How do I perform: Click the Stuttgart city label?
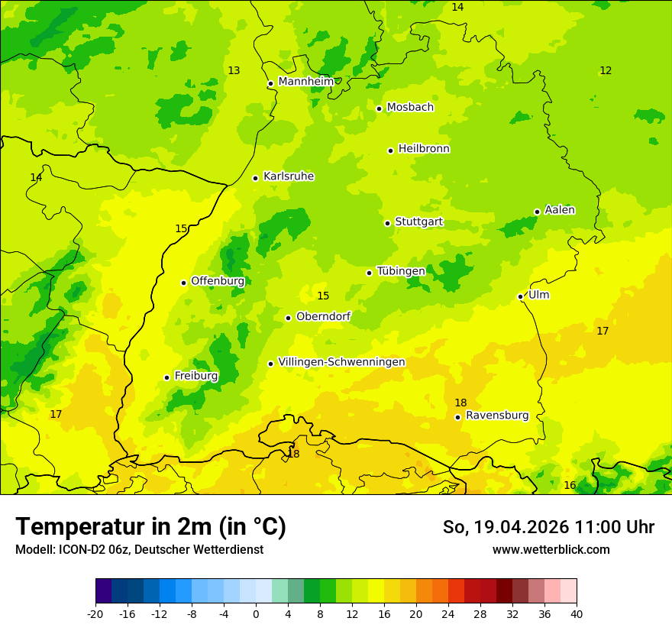418,222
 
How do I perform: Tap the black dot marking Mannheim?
270,84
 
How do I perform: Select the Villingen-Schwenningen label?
341,362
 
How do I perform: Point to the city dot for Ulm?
520,296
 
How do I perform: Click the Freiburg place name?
195,376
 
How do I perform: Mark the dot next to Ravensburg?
457,417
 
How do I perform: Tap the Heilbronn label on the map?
424,149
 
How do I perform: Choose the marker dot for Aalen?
537,212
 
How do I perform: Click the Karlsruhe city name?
289,176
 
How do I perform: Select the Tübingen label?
401,271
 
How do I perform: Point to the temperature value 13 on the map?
234,71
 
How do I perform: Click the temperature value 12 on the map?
606,71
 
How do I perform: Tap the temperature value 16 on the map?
570,486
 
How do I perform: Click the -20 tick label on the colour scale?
95,614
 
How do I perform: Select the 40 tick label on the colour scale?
577,614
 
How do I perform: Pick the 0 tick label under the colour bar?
256,614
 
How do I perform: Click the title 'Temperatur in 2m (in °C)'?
150,527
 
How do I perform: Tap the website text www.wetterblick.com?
551,550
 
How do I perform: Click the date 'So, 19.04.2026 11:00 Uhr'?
548,527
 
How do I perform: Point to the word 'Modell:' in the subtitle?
34,550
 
